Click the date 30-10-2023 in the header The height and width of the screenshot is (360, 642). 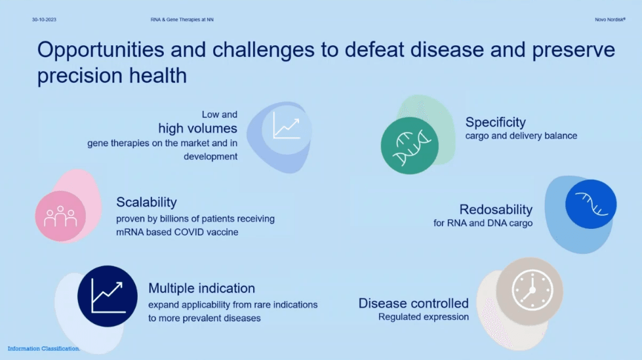[x=44, y=20]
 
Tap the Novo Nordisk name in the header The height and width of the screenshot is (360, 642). [x=610, y=20]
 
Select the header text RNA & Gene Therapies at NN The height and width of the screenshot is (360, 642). [x=182, y=20]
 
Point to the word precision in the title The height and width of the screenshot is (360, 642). [x=80, y=76]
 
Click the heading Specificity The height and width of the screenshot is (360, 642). [x=495, y=122]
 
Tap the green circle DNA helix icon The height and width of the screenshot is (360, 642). [x=409, y=146]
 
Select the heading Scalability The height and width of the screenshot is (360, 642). [x=147, y=202]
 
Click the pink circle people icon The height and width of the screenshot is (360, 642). [x=60, y=216]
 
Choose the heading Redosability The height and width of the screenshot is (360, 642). [x=496, y=209]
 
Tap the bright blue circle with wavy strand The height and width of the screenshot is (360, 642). [x=591, y=204]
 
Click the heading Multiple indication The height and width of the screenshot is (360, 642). [x=201, y=289]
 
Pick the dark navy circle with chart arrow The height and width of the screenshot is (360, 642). [x=108, y=296]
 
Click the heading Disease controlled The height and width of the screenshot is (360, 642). [x=414, y=303]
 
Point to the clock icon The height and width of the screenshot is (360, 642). [x=532, y=290]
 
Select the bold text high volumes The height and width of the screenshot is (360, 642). [x=198, y=129]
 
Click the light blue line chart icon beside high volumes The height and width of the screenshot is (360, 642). [x=287, y=127]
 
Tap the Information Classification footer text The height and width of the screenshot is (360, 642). [x=44, y=349]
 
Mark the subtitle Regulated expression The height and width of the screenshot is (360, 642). [x=424, y=317]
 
